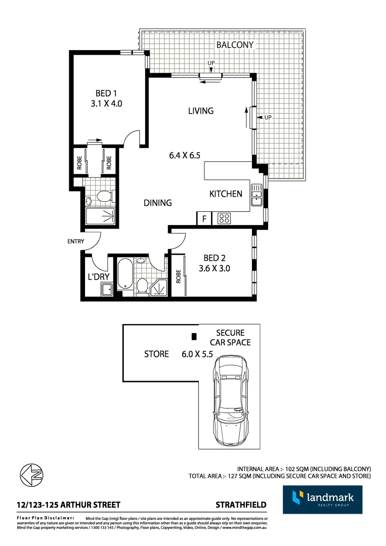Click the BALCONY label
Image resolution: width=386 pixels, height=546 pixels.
click(x=235, y=45)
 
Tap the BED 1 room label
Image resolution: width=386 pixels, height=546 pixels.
click(x=106, y=93)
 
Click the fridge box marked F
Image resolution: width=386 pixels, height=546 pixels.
click(x=204, y=219)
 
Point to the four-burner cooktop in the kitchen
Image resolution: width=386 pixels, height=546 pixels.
click(x=224, y=218)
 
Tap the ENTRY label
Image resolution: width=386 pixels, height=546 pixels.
click(x=75, y=242)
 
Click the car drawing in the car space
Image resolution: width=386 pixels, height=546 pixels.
click(x=230, y=400)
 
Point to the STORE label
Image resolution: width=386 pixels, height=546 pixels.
click(x=156, y=354)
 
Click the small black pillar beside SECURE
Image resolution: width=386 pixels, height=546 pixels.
click(x=193, y=336)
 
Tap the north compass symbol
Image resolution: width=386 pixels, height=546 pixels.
click(x=31, y=475)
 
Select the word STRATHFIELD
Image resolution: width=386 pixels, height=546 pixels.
click(x=241, y=505)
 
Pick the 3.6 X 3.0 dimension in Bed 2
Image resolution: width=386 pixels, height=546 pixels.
click(x=214, y=268)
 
